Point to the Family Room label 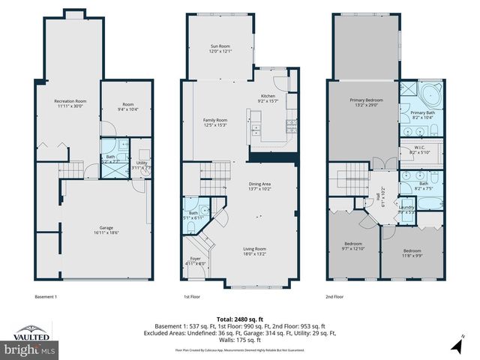coord(214,122)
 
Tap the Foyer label coord(194,262)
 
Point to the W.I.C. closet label coord(419,150)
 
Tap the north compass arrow coord(456,346)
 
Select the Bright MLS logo coord(31,349)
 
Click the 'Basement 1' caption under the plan coord(46,296)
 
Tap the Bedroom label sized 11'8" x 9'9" coord(412,253)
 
